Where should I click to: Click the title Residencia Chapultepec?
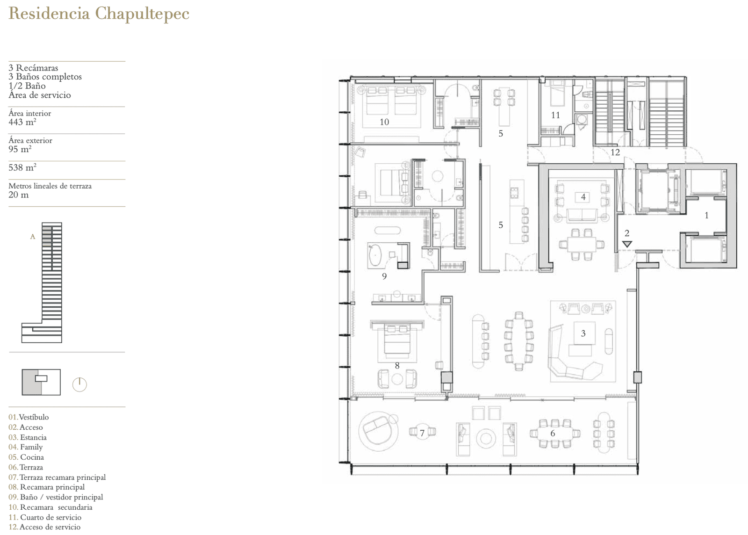pyautogui.click(x=99, y=14)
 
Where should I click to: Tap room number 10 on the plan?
pyautogui.click(x=384, y=122)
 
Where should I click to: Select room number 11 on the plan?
pyautogui.click(x=555, y=115)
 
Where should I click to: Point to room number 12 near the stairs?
pyautogui.click(x=615, y=152)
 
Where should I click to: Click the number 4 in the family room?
pyautogui.click(x=583, y=197)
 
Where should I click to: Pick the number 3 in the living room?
pyautogui.click(x=583, y=333)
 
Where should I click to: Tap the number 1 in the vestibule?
pyautogui.click(x=706, y=216)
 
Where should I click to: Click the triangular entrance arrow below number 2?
pyautogui.click(x=627, y=244)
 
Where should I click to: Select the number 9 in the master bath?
pyautogui.click(x=384, y=276)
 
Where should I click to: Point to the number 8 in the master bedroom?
pyautogui.click(x=397, y=366)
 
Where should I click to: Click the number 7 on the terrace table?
pyautogui.click(x=422, y=433)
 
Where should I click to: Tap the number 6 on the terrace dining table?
pyautogui.click(x=553, y=433)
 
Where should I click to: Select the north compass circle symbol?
pyautogui.click(x=79, y=385)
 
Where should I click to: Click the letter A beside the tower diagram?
pyautogui.click(x=33, y=237)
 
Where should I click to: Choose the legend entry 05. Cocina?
pyautogui.click(x=26, y=457)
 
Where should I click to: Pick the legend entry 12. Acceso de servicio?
pyautogui.click(x=44, y=527)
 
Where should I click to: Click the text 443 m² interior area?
pyautogui.click(x=22, y=122)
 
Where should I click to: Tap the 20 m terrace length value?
pyautogui.click(x=19, y=195)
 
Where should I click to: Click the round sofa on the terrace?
pyautogui.click(x=378, y=431)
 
